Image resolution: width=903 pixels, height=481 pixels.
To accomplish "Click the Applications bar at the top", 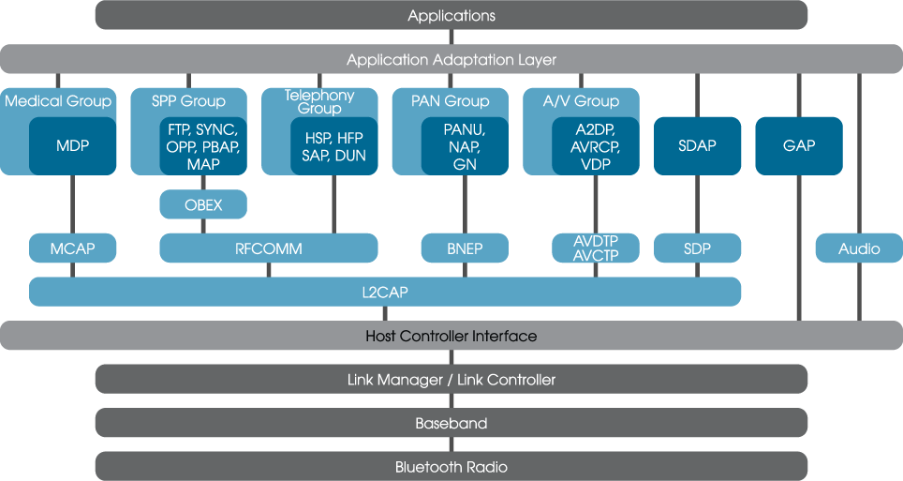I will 451,15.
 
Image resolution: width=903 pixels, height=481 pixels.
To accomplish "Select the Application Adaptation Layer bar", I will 451,59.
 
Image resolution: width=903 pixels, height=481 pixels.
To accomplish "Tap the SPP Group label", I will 188,101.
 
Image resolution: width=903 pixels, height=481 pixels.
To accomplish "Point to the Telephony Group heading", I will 319,101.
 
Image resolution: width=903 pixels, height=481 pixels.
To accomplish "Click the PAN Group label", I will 450,101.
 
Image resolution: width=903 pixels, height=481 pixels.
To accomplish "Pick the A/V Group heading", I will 581,101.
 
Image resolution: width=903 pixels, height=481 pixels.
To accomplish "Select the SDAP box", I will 697,145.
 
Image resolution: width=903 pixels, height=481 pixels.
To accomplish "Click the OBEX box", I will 203,204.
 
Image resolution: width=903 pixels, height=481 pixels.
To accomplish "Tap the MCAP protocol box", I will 72,248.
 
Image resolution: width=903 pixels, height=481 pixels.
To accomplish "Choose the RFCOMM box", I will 269,248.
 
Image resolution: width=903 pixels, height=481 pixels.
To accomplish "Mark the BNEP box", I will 465,248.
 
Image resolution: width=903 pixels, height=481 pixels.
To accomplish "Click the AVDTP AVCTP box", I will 596,248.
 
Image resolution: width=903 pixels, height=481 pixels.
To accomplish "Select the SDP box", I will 697,248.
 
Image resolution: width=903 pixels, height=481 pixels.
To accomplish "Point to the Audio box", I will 858,248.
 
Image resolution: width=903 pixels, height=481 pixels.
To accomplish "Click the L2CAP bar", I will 384,292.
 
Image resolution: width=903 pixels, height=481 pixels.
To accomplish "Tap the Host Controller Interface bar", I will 451,336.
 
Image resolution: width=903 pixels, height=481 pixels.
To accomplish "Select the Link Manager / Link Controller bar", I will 451,379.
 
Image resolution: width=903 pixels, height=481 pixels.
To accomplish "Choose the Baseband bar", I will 451,423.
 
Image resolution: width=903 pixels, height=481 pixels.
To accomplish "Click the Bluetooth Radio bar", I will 451,466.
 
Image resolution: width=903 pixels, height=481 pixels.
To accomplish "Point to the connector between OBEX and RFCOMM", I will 203,226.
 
